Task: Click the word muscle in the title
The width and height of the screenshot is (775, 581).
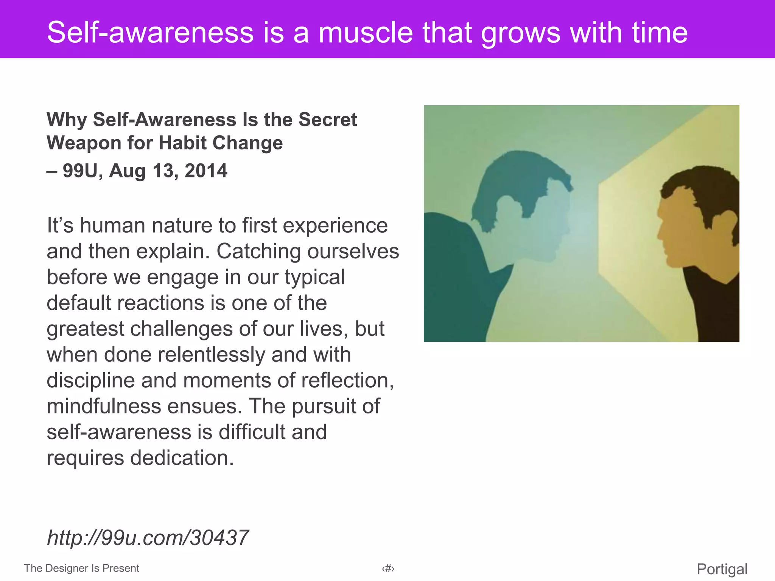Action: pyautogui.click(x=366, y=33)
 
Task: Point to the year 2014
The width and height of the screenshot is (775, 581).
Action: pyautogui.click(x=206, y=171)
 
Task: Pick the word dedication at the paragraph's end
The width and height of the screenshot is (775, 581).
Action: pyautogui.click(x=182, y=458)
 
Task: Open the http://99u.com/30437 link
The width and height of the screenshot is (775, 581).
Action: pyautogui.click(x=148, y=538)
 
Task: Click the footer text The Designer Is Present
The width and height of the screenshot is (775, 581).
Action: pyautogui.click(x=81, y=568)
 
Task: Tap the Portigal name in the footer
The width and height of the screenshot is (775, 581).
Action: pyautogui.click(x=722, y=569)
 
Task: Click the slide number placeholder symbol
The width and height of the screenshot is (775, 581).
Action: pyautogui.click(x=388, y=569)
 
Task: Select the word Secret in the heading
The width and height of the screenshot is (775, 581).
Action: pyautogui.click(x=327, y=120)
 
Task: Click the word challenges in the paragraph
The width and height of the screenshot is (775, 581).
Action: pyautogui.click(x=182, y=329)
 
